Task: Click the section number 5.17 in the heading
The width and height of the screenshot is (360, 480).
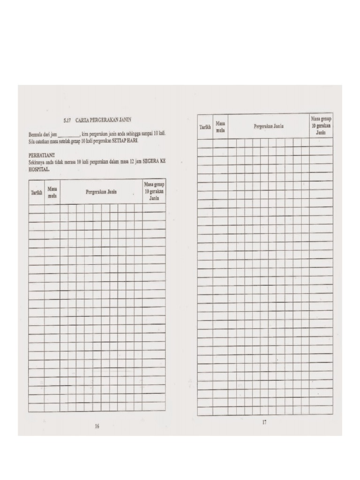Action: (x=67, y=120)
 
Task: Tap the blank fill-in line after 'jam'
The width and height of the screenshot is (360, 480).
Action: (x=69, y=135)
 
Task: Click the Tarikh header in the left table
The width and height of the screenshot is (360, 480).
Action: (x=37, y=192)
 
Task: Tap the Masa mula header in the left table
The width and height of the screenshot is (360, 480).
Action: (x=52, y=192)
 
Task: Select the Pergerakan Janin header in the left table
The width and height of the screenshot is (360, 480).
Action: (x=101, y=192)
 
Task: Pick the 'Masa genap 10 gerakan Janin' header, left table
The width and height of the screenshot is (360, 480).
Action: (x=154, y=191)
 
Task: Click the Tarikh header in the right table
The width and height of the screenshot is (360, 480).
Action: (x=205, y=127)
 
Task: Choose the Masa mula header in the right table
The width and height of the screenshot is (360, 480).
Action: (x=220, y=127)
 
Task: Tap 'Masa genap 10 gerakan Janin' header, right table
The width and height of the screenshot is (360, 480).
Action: (x=321, y=126)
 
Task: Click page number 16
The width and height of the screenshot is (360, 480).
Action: (x=97, y=426)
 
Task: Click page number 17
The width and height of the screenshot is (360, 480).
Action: (x=264, y=422)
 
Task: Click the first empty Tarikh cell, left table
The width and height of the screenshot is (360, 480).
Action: (x=37, y=209)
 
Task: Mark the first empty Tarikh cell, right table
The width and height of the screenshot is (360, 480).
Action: (x=205, y=143)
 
